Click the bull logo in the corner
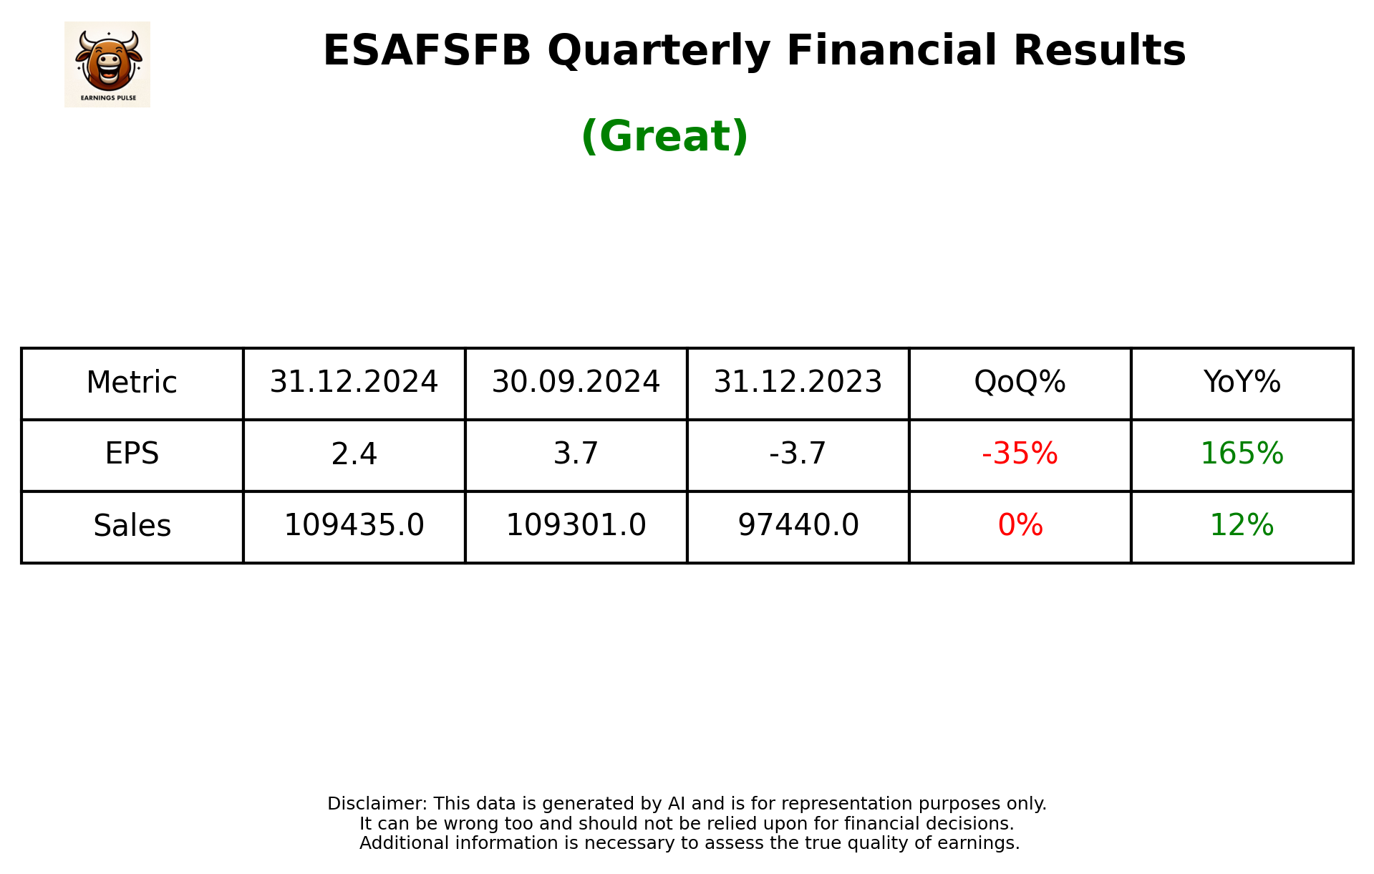click(x=107, y=64)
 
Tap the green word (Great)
click(x=664, y=136)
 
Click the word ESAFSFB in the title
click(x=427, y=51)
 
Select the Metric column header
click(x=132, y=383)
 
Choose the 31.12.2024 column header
click(x=354, y=383)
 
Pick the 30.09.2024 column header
click(x=576, y=383)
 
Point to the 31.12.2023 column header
click(x=798, y=383)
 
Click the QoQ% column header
click(x=1020, y=383)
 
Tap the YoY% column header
click(x=1242, y=383)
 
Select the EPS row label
click(x=132, y=454)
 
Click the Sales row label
click(x=132, y=526)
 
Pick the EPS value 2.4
click(x=354, y=454)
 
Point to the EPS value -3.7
click(x=798, y=454)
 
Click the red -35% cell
click(x=1020, y=454)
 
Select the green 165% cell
click(x=1242, y=454)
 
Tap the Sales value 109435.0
click(x=354, y=526)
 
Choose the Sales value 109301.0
click(x=576, y=526)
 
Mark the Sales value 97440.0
click(x=798, y=526)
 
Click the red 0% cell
click(x=1020, y=526)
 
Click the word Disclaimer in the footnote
click(x=377, y=804)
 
